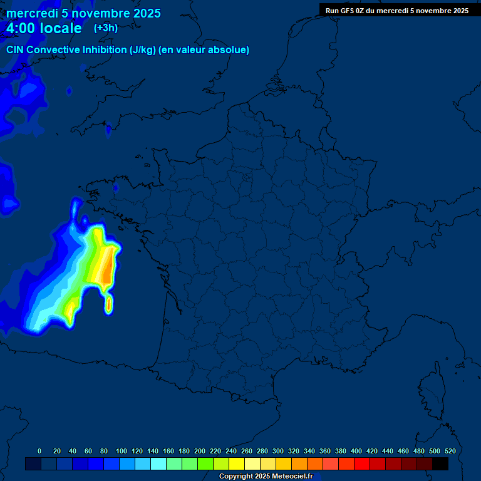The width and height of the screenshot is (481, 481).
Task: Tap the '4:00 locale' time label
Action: coord(44,28)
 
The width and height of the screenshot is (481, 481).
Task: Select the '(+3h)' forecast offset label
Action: coord(105,28)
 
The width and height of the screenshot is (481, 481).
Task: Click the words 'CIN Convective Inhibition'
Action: coord(66,50)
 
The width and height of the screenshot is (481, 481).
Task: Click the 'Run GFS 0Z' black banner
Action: coord(396,10)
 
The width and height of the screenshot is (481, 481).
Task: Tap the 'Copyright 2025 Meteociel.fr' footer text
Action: coord(266,477)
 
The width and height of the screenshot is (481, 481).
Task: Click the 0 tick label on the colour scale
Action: coord(39,451)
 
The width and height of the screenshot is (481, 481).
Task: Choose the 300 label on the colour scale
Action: coord(278,451)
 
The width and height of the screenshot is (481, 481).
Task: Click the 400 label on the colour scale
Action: coord(356,451)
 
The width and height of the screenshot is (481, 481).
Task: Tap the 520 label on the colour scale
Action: coord(450,451)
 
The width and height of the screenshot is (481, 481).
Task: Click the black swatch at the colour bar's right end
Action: coord(440,463)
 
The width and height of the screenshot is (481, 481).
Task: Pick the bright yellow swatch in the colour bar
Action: coord(237,463)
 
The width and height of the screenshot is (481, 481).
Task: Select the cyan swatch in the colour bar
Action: coord(158,463)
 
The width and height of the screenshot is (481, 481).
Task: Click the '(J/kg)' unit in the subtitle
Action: coord(143,50)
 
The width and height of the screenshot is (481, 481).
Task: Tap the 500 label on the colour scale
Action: coord(435,451)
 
